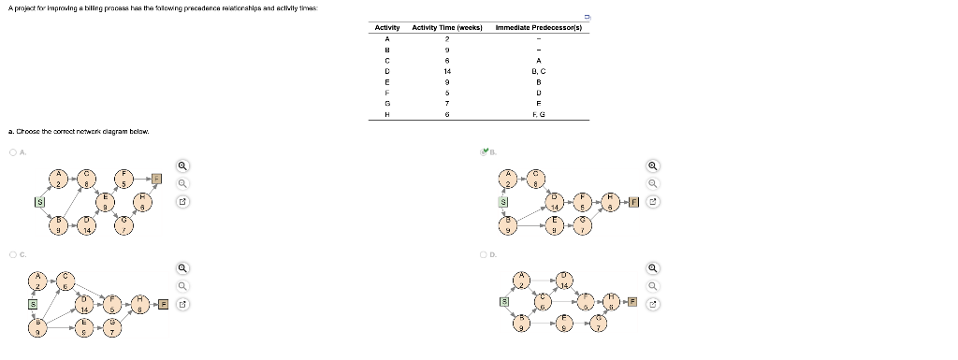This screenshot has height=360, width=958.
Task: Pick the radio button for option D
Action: pyautogui.click(x=483, y=254)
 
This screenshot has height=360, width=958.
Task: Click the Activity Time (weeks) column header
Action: pyautogui.click(x=446, y=28)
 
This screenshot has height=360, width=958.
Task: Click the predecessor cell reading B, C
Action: pyautogui.click(x=538, y=70)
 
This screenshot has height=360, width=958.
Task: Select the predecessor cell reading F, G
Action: pyautogui.click(x=538, y=114)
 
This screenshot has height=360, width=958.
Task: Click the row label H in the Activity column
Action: pyautogui.click(x=386, y=114)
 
